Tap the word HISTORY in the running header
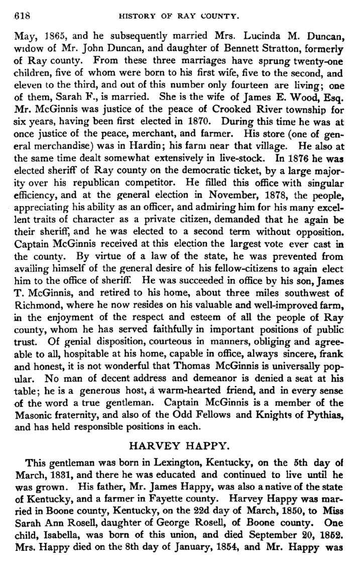[x=138, y=16]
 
